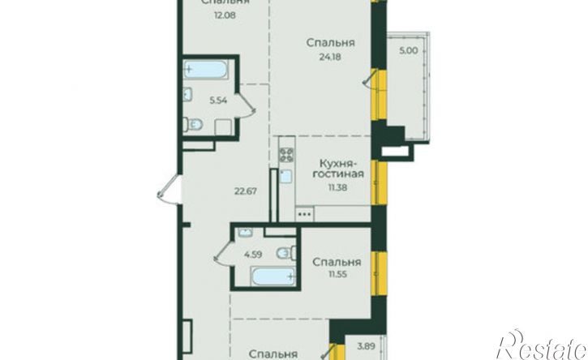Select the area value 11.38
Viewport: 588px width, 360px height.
pos(333,186)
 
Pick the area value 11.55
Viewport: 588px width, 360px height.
pos(336,276)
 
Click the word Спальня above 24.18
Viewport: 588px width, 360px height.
pos(333,43)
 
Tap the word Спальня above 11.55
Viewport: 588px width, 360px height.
pos(336,263)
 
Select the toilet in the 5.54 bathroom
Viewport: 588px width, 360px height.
pos(195,125)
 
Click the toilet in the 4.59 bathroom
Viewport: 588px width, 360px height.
pos(282,254)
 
